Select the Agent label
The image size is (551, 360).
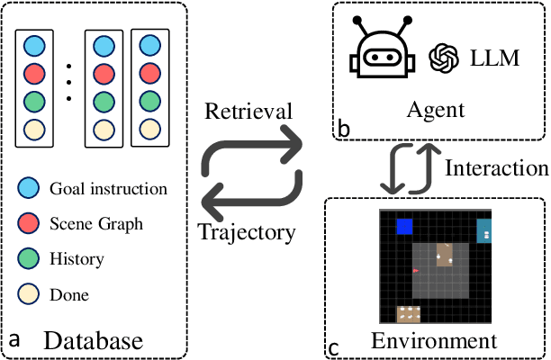(x=435, y=110)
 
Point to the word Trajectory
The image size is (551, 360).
(x=247, y=231)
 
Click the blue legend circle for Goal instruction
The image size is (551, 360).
(x=33, y=189)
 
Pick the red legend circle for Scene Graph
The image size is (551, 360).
(x=33, y=224)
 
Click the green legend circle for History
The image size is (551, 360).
(x=33, y=259)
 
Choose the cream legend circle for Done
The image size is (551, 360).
(x=33, y=294)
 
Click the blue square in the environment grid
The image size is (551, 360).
(x=404, y=227)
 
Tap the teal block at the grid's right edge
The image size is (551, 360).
(x=484, y=231)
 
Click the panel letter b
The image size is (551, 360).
(x=344, y=130)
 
